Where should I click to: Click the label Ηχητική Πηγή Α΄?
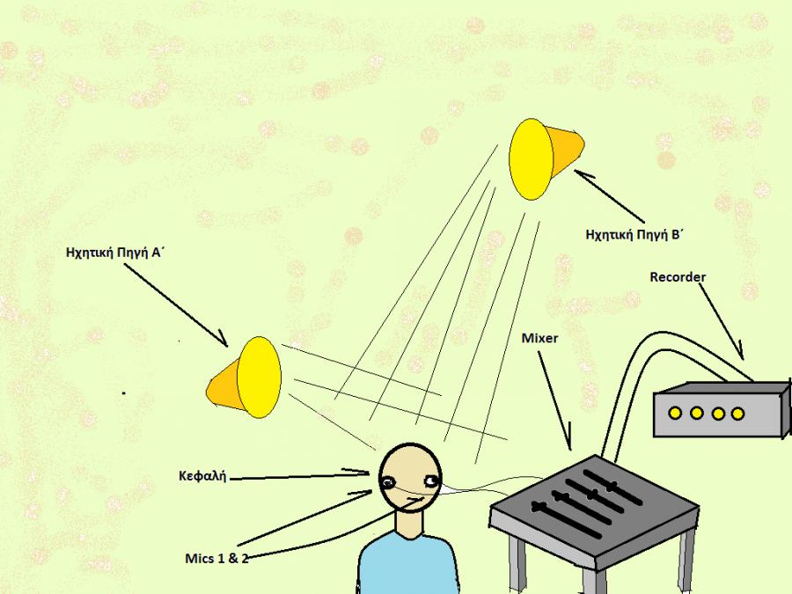(x=116, y=251)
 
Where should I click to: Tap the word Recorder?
(x=678, y=277)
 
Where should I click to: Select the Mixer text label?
(x=540, y=337)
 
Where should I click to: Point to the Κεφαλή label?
(x=202, y=477)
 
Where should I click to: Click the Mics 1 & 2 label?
(x=216, y=558)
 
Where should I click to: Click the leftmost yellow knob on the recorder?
(x=675, y=413)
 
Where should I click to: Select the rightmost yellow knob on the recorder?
(x=738, y=413)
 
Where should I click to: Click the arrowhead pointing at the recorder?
(x=742, y=356)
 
